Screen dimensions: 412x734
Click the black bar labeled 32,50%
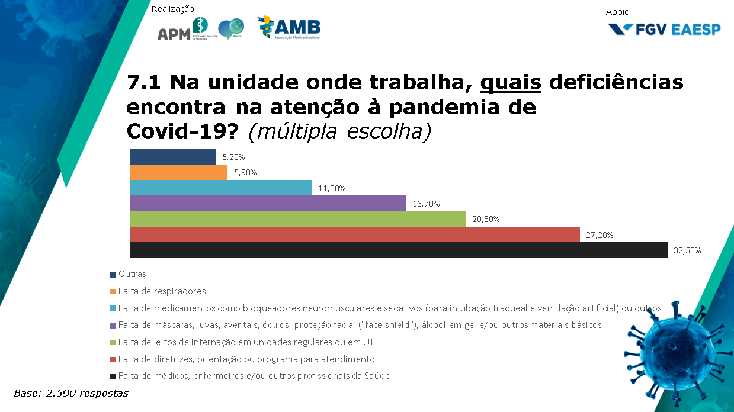coord(398,250)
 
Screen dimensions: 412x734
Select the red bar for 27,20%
coord(354,234)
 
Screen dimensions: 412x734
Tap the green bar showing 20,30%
coord(297,219)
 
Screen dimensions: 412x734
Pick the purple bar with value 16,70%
coord(268,204)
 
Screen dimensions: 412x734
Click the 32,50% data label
coord(687,250)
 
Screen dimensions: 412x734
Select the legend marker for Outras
coord(113,275)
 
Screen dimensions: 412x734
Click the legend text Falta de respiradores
coord(162,291)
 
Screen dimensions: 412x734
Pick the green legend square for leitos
coord(113,342)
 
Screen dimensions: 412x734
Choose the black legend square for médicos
coord(113,376)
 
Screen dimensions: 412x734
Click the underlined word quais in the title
coord(511,83)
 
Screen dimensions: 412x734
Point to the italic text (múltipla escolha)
coord(339,132)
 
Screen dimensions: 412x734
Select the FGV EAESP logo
coord(664,29)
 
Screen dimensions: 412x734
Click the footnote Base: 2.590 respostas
coord(71,393)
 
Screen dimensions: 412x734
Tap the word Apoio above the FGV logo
coord(618,12)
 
